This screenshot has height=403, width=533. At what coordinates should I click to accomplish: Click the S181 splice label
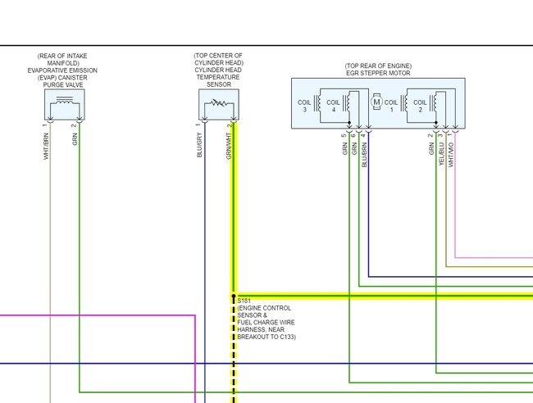coord(242,301)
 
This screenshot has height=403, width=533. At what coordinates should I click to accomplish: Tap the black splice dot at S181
coord(234,296)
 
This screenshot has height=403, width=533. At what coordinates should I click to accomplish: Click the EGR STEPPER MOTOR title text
coord(379,72)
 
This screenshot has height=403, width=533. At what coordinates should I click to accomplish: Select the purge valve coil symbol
coord(63,104)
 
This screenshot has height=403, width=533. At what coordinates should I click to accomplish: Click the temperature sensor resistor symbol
coord(217,104)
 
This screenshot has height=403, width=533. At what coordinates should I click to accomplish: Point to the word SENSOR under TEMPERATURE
coord(218,84)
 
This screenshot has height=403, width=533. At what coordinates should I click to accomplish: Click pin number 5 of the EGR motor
coord(344,134)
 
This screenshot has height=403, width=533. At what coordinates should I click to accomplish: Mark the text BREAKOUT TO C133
coord(266,337)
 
